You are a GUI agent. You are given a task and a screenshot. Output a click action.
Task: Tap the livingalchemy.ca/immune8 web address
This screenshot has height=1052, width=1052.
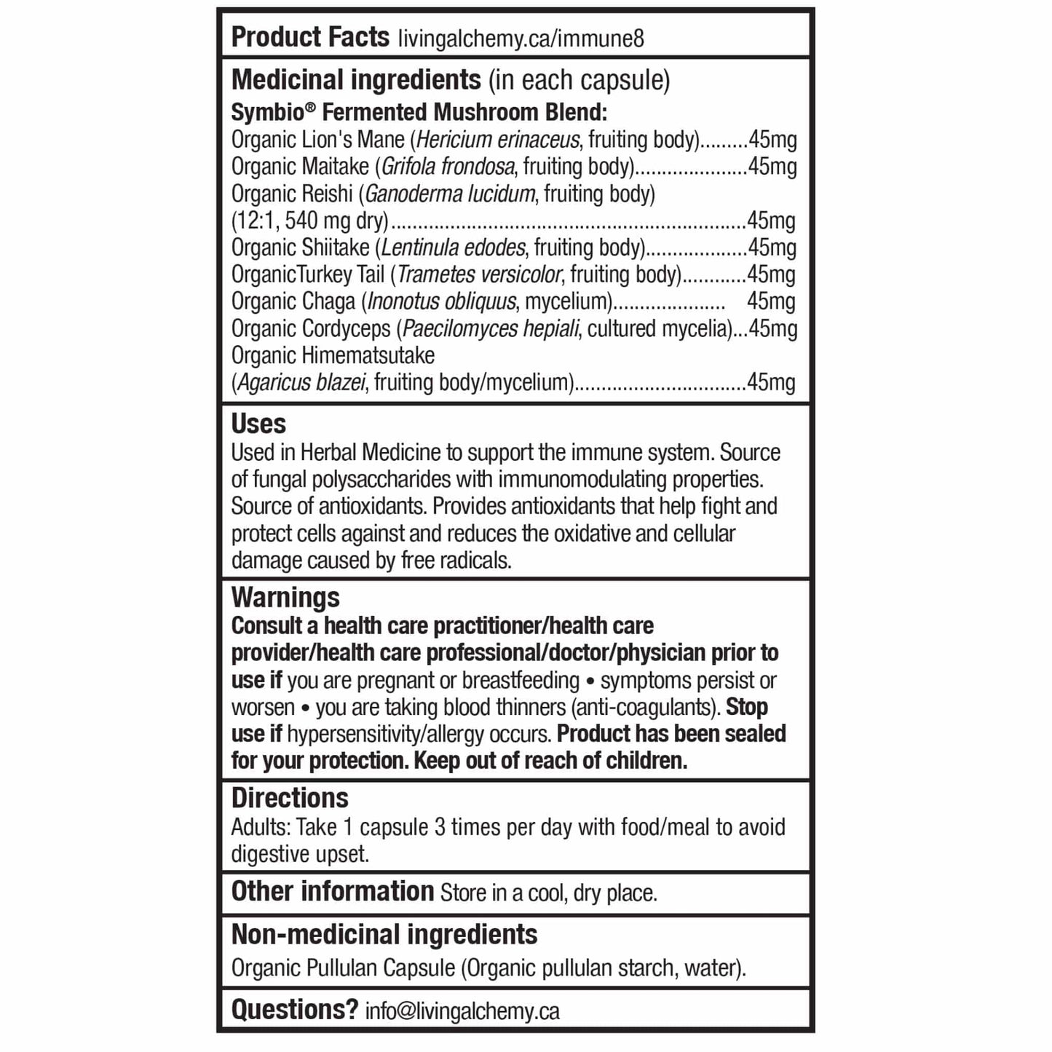click(521, 39)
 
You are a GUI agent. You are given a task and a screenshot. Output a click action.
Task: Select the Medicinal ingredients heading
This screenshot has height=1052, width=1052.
click(356, 79)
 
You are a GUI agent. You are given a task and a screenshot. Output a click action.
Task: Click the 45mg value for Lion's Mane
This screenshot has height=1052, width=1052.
click(772, 139)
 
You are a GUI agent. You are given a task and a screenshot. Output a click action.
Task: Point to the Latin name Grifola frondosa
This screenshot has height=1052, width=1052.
click(448, 167)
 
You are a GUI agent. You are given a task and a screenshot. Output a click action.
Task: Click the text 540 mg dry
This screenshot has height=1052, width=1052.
click(334, 221)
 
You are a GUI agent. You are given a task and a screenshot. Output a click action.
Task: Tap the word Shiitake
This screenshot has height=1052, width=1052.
click(335, 248)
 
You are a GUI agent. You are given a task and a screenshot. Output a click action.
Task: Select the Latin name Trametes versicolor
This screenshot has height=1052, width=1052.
click(479, 274)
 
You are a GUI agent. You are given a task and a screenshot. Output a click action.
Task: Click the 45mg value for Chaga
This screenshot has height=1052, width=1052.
click(771, 301)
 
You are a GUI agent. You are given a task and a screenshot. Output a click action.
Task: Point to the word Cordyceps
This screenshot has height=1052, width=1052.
click(346, 328)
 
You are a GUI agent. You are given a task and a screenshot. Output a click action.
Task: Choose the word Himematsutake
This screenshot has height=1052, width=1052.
click(369, 355)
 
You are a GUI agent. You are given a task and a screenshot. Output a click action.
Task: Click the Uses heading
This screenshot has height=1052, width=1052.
click(258, 424)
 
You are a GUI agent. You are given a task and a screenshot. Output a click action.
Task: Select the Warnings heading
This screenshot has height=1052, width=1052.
click(285, 598)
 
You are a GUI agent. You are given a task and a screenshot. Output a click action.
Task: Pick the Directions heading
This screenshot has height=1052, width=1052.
click(290, 798)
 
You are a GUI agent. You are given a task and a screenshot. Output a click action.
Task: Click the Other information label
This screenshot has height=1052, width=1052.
click(332, 891)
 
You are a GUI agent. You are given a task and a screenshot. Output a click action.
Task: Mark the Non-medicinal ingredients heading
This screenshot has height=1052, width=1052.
click(384, 934)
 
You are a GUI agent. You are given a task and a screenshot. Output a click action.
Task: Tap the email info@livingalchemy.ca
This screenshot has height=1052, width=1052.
click(462, 1011)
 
